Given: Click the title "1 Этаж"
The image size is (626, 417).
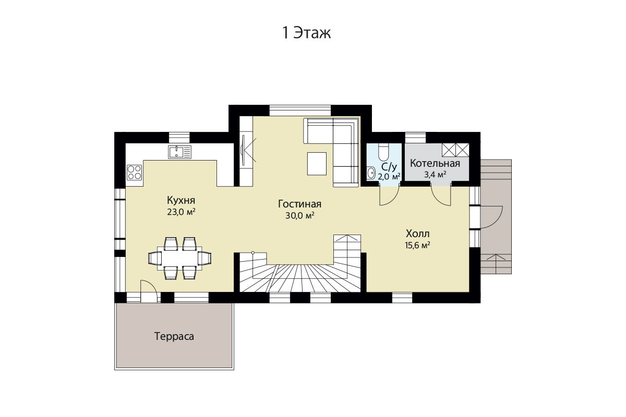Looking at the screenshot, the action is tap(307, 33).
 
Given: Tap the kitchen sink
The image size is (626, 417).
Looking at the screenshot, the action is tap(179, 152).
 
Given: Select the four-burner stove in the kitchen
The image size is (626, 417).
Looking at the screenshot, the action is tap(135, 173).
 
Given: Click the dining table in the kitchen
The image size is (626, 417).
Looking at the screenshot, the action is tap(179, 259).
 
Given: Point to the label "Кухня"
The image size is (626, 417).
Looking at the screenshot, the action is tap(181, 200).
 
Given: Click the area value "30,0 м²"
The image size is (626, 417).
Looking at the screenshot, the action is tap(300, 216).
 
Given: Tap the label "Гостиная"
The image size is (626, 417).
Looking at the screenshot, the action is tap(299, 204).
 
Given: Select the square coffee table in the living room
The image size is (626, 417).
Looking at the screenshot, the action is tap(317, 164).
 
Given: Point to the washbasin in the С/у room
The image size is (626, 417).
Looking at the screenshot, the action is tap(371, 173).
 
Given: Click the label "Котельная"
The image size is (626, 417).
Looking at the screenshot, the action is tap(435, 163).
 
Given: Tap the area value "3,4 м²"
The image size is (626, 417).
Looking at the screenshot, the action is tap(435, 175).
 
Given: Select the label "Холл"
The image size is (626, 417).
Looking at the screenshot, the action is tap(418, 234).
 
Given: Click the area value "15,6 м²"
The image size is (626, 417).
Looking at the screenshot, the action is tap(417, 245).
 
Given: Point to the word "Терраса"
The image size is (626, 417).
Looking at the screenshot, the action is tap(174, 336).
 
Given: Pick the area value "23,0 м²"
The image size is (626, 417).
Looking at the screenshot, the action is tap(181, 212).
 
